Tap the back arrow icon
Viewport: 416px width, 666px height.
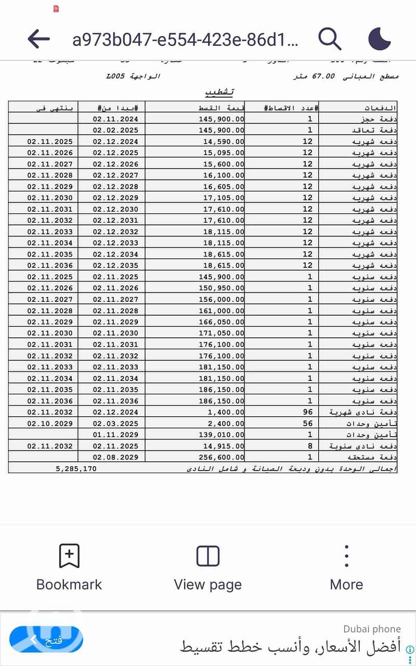(x=38, y=39)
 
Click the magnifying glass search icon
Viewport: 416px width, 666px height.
(x=330, y=39)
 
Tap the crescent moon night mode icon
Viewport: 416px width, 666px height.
(x=380, y=39)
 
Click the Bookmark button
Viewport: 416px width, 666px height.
(x=69, y=568)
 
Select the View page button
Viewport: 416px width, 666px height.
(x=208, y=568)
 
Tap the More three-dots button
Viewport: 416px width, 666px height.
(x=346, y=568)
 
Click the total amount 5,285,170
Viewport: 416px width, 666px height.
(x=76, y=468)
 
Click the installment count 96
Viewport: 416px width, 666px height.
(x=307, y=412)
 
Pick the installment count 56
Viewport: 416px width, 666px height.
(x=307, y=424)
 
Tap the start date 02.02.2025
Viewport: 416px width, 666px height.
(x=115, y=130)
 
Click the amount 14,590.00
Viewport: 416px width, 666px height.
(x=224, y=142)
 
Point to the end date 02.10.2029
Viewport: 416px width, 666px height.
(x=50, y=424)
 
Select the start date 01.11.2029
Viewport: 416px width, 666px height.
(x=115, y=434)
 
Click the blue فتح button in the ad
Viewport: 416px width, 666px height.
(x=47, y=639)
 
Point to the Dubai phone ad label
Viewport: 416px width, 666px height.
(x=372, y=629)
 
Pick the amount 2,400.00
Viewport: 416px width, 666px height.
(x=226, y=424)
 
